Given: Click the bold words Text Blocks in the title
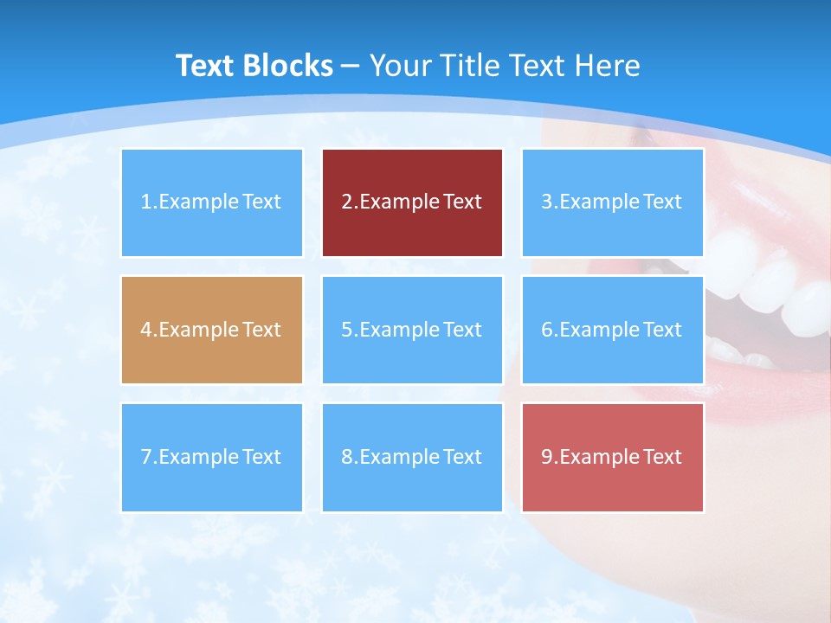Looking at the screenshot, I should pos(254,66).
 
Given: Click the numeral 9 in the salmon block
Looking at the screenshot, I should pos(547,457).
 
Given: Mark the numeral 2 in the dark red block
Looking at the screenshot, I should pos(347,202).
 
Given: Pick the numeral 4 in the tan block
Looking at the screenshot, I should pos(146,330).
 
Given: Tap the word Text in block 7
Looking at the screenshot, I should pos(261,457).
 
